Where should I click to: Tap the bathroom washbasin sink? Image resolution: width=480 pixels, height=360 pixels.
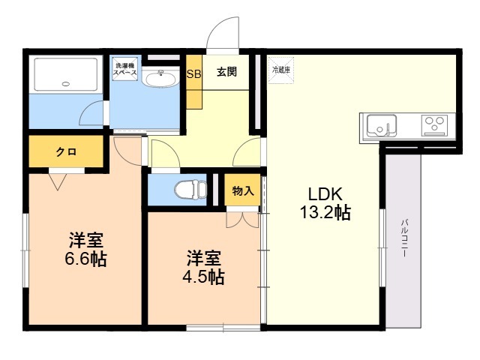[x=159, y=77]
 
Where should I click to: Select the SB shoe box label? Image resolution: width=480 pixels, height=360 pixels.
[x=193, y=73]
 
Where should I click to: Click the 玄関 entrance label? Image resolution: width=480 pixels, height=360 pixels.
[x=227, y=73]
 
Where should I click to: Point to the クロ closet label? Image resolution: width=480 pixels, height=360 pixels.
[x=65, y=151]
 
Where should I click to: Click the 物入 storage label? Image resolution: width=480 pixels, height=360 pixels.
[x=242, y=190]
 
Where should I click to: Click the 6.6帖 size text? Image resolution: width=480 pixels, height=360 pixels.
[x=85, y=259]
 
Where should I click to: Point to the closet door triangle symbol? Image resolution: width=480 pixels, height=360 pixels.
[x=58, y=178]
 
